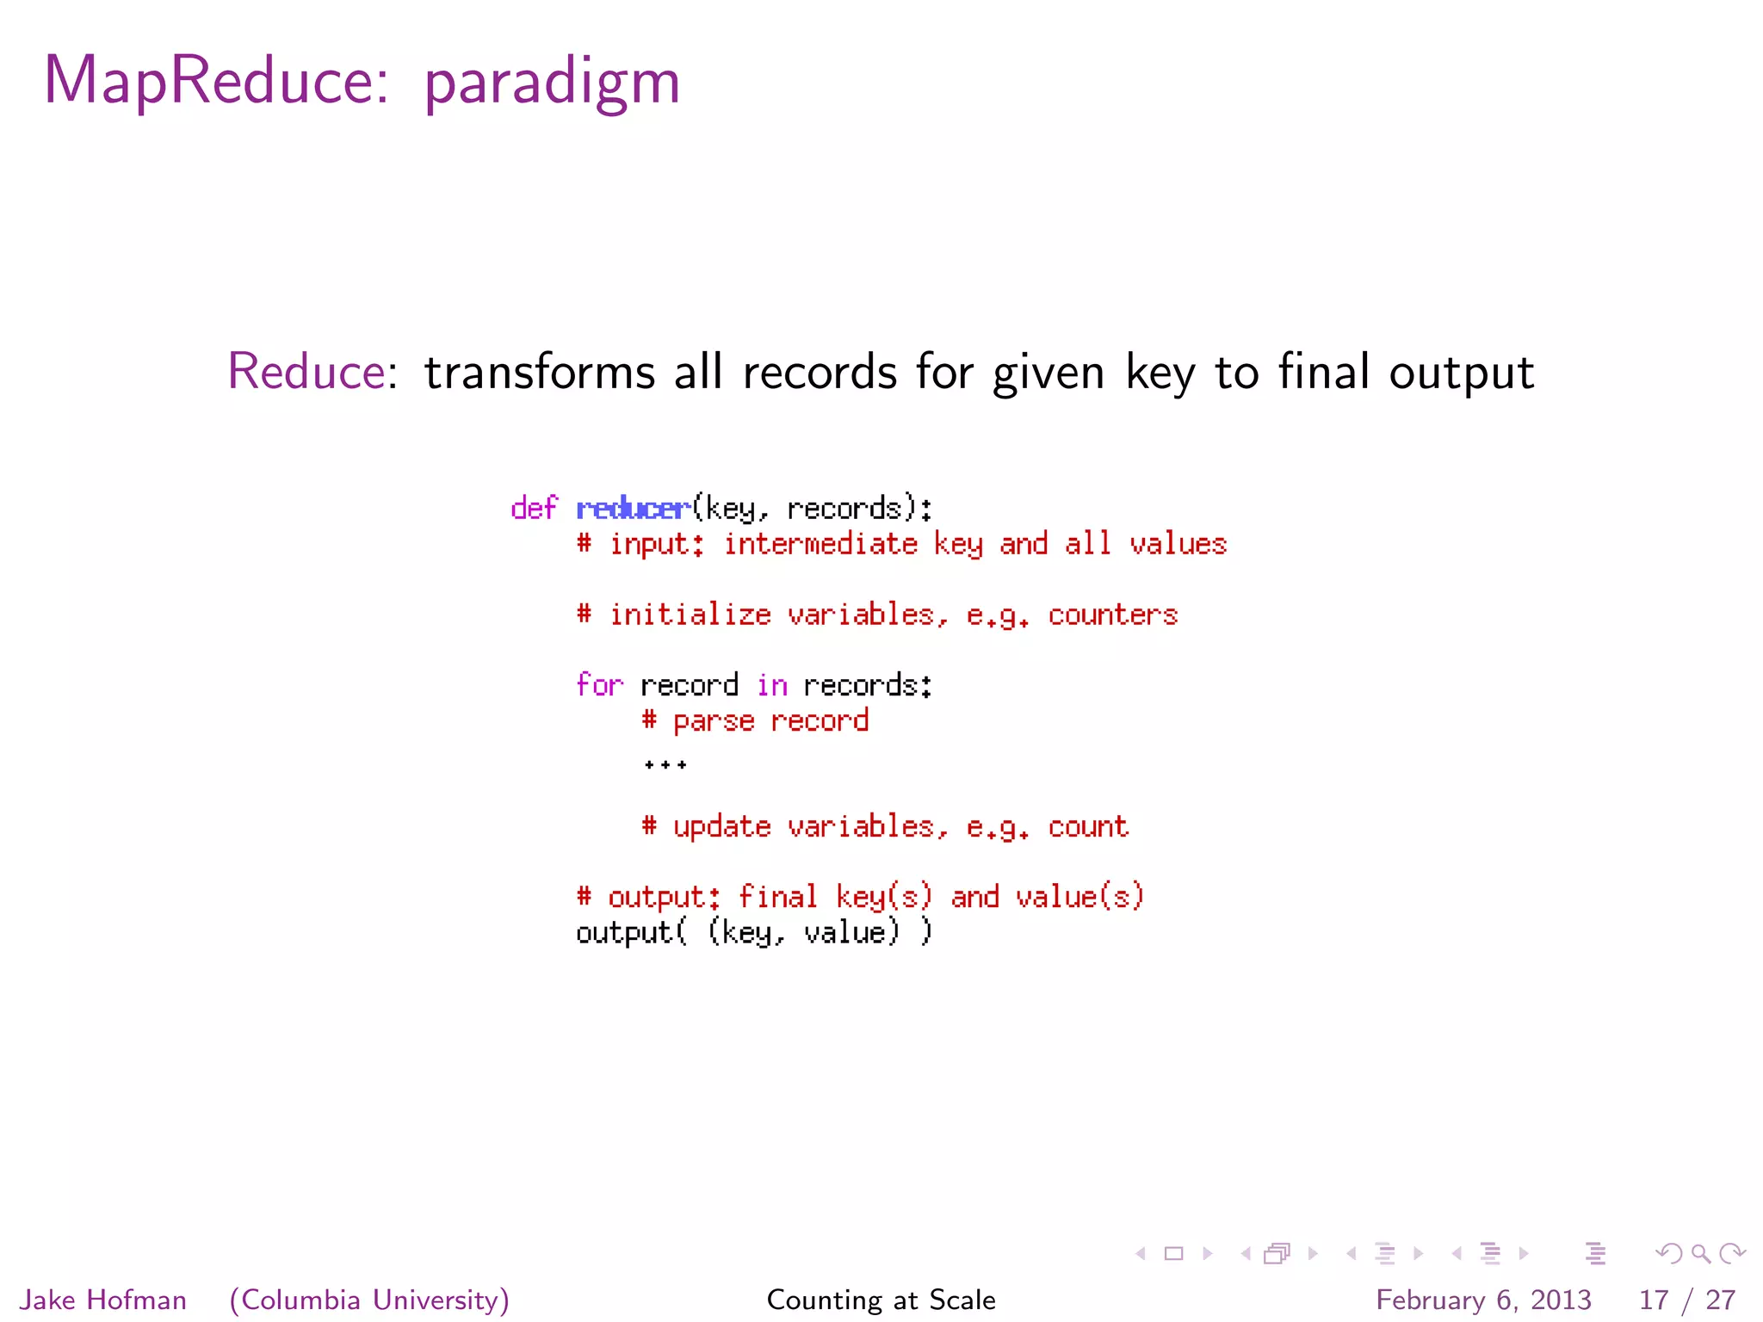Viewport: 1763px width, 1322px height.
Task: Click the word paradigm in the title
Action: (552, 83)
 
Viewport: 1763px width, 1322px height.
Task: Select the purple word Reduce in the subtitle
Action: (306, 372)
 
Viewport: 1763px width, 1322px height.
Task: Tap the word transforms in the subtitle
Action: (540, 372)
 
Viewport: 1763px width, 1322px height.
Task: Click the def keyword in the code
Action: (534, 509)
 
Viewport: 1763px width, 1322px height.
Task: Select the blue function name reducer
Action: (633, 509)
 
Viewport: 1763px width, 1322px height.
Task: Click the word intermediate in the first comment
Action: (820, 544)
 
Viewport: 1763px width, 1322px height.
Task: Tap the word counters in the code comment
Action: (1112, 615)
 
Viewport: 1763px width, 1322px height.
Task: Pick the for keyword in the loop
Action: (599, 685)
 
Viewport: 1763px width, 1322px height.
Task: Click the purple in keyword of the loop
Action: (772, 685)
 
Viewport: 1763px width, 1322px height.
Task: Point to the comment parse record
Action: (755, 721)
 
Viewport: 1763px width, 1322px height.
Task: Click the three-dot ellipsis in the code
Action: (665, 764)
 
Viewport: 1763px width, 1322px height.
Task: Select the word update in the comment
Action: (721, 827)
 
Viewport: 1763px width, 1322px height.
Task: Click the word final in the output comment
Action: (777, 897)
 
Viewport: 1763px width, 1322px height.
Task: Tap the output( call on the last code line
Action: (631, 933)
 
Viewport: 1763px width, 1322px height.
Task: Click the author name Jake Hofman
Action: (103, 1300)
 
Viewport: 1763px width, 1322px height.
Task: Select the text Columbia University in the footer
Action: (370, 1300)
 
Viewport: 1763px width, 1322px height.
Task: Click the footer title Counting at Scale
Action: (881, 1300)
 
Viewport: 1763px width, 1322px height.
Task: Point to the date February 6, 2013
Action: (1483, 1300)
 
